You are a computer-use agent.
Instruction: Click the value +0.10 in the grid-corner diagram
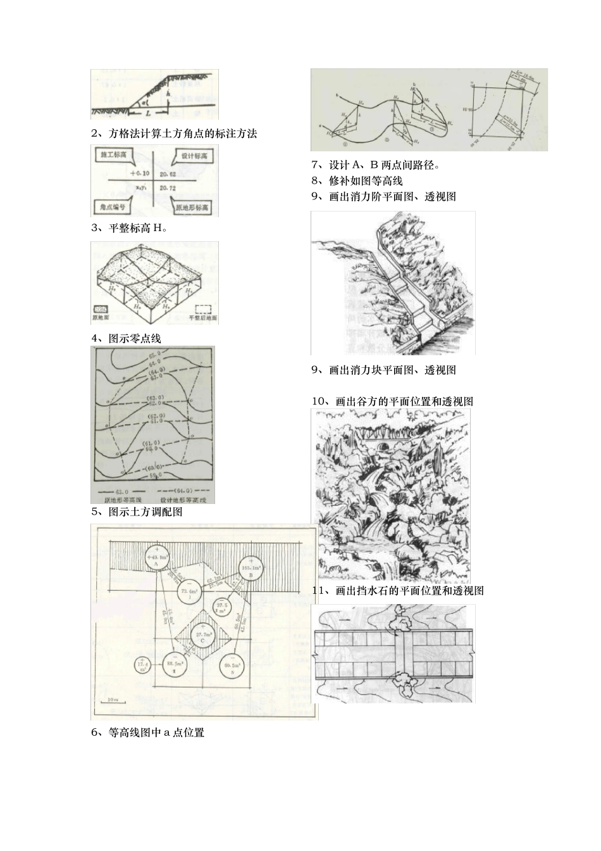coord(140,172)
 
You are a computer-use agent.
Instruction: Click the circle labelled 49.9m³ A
coord(155,558)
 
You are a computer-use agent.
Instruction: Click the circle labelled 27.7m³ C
coord(202,636)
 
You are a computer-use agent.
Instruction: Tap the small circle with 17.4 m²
coord(142,665)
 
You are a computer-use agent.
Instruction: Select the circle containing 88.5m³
coord(173,665)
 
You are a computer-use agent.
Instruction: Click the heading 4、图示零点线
coord(126,339)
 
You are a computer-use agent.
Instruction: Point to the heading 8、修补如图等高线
coord(357,181)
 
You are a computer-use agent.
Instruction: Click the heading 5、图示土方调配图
coord(137,512)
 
